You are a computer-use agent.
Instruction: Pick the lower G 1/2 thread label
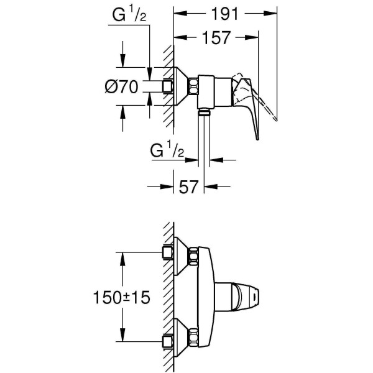[167, 151]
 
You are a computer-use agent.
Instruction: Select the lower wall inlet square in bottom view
[167, 341]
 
